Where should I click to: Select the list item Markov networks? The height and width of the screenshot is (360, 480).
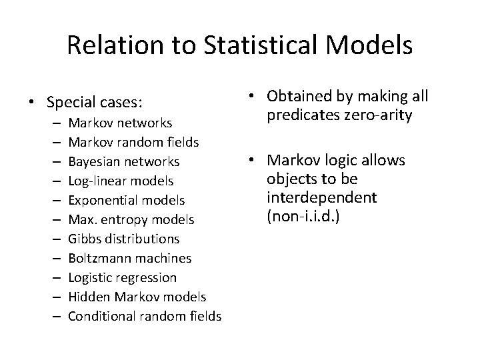pyautogui.click(x=120, y=123)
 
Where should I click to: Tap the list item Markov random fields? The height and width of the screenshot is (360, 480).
pyautogui.click(x=133, y=143)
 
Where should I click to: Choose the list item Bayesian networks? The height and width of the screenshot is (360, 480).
pyautogui.click(x=124, y=162)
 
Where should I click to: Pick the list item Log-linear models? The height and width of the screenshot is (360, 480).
pyautogui.click(x=121, y=181)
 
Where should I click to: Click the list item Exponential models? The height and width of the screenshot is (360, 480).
pyautogui.click(x=127, y=201)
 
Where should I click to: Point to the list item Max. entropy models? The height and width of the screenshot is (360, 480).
pyautogui.click(x=131, y=220)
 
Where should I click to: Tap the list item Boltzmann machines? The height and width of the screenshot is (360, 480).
pyautogui.click(x=129, y=259)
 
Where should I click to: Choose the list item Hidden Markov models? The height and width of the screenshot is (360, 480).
pyautogui.click(x=137, y=297)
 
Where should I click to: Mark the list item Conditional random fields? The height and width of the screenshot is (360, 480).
pyautogui.click(x=145, y=317)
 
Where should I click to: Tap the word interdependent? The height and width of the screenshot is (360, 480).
pyautogui.click(x=321, y=198)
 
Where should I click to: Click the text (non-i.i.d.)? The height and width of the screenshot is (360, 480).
pyautogui.click(x=302, y=217)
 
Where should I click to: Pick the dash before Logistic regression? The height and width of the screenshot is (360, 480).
pyautogui.click(x=53, y=278)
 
